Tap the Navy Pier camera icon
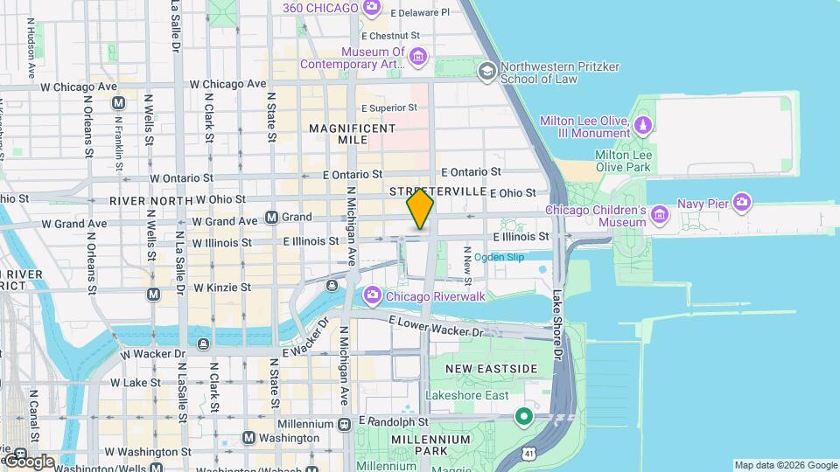click(x=742, y=204)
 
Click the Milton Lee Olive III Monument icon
click(x=644, y=126)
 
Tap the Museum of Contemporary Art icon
click(x=418, y=57)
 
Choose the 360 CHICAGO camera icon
click(x=372, y=8)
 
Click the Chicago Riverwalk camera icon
click(x=372, y=296)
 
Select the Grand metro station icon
click(x=272, y=217)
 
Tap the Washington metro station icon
click(x=249, y=437)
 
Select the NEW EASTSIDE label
click(x=491, y=369)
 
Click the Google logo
click(x=28, y=461)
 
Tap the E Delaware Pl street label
click(x=419, y=13)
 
